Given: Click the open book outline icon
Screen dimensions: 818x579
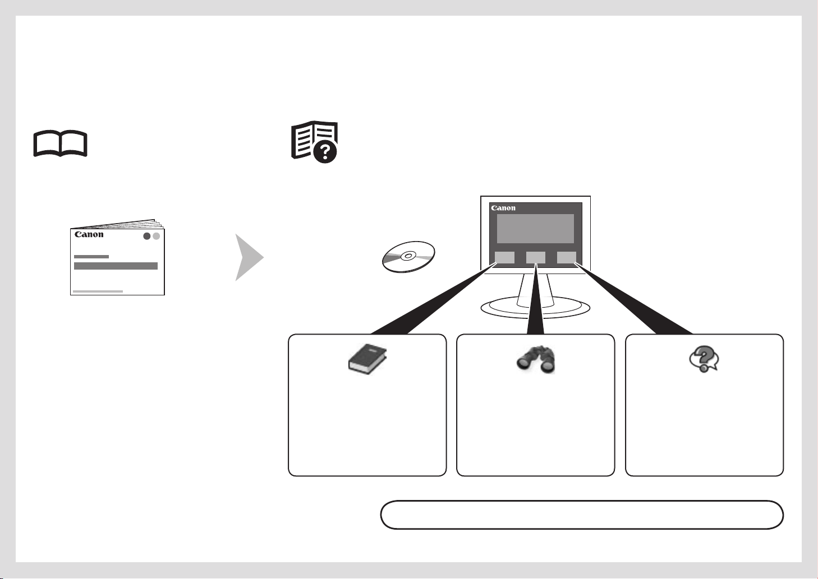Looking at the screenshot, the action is click(x=60, y=143).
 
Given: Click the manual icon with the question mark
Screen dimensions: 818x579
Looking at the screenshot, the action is click(x=314, y=142).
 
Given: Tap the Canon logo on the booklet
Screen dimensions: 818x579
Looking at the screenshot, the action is click(x=89, y=234).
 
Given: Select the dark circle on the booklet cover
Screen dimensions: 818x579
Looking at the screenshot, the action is click(x=147, y=236).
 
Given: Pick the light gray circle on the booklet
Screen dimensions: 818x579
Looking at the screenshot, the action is click(x=157, y=236).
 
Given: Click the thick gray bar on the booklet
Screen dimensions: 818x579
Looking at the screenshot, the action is click(x=116, y=266).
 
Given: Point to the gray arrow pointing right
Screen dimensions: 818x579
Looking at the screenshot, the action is click(x=250, y=257).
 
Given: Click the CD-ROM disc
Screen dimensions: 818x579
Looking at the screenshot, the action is click(x=408, y=257).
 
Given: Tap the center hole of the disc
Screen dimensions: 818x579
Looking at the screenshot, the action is click(x=408, y=256).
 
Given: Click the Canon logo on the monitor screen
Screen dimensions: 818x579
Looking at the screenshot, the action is click(x=503, y=208).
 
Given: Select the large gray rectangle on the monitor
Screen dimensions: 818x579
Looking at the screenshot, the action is click(x=535, y=229).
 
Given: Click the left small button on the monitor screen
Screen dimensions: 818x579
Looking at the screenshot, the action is click(x=505, y=257).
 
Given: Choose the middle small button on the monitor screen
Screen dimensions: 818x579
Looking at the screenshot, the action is click(x=536, y=257).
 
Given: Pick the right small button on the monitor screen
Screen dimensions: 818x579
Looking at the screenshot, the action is click(x=567, y=257).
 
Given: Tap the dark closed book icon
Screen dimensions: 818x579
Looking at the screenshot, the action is click(x=367, y=359).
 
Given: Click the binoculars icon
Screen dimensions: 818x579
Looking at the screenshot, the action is click(x=536, y=359).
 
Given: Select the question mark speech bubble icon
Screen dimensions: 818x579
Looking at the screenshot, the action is click(x=704, y=359).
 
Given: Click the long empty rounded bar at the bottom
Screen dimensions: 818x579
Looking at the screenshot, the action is click(x=582, y=515).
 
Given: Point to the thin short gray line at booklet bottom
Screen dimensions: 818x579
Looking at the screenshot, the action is click(x=98, y=291).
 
